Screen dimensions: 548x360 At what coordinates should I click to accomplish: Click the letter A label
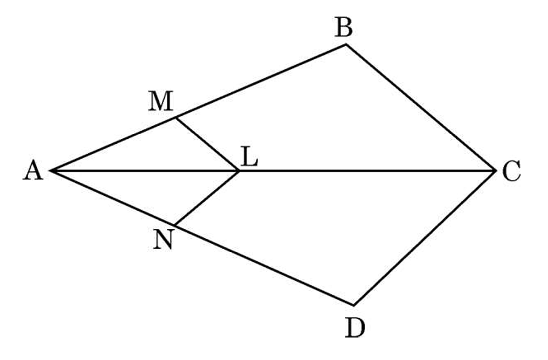pos(33,171)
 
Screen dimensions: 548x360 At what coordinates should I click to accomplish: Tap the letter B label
pos(344,27)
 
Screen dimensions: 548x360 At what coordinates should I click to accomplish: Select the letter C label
pos(512,171)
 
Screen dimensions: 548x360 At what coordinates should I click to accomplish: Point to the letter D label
pos(355,328)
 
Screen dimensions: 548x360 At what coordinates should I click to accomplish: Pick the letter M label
pos(161,102)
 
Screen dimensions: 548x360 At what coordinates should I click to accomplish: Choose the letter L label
pos(249,157)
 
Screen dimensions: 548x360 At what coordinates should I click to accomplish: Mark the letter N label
pos(163,240)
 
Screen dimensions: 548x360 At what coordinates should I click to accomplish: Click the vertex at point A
pos(51,171)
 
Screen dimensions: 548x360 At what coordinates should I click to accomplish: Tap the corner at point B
pos(346,44)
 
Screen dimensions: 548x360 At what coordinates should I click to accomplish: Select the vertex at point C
pos(496,171)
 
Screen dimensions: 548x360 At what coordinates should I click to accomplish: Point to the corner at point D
pos(354,305)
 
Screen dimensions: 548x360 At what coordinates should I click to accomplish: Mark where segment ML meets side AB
pos(176,118)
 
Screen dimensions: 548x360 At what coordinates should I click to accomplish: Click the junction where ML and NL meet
pos(239,171)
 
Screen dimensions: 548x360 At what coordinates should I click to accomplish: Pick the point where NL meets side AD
pos(175,225)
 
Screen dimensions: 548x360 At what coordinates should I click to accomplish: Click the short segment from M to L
pos(207,144)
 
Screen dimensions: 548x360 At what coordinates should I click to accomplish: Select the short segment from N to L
pos(206,198)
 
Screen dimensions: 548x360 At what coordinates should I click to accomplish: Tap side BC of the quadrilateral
pos(421,108)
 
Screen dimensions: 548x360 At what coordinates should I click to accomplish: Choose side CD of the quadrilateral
pos(424,238)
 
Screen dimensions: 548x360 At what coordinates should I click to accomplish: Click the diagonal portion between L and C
pos(367,171)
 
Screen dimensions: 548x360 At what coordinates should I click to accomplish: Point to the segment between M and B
pos(261,81)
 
